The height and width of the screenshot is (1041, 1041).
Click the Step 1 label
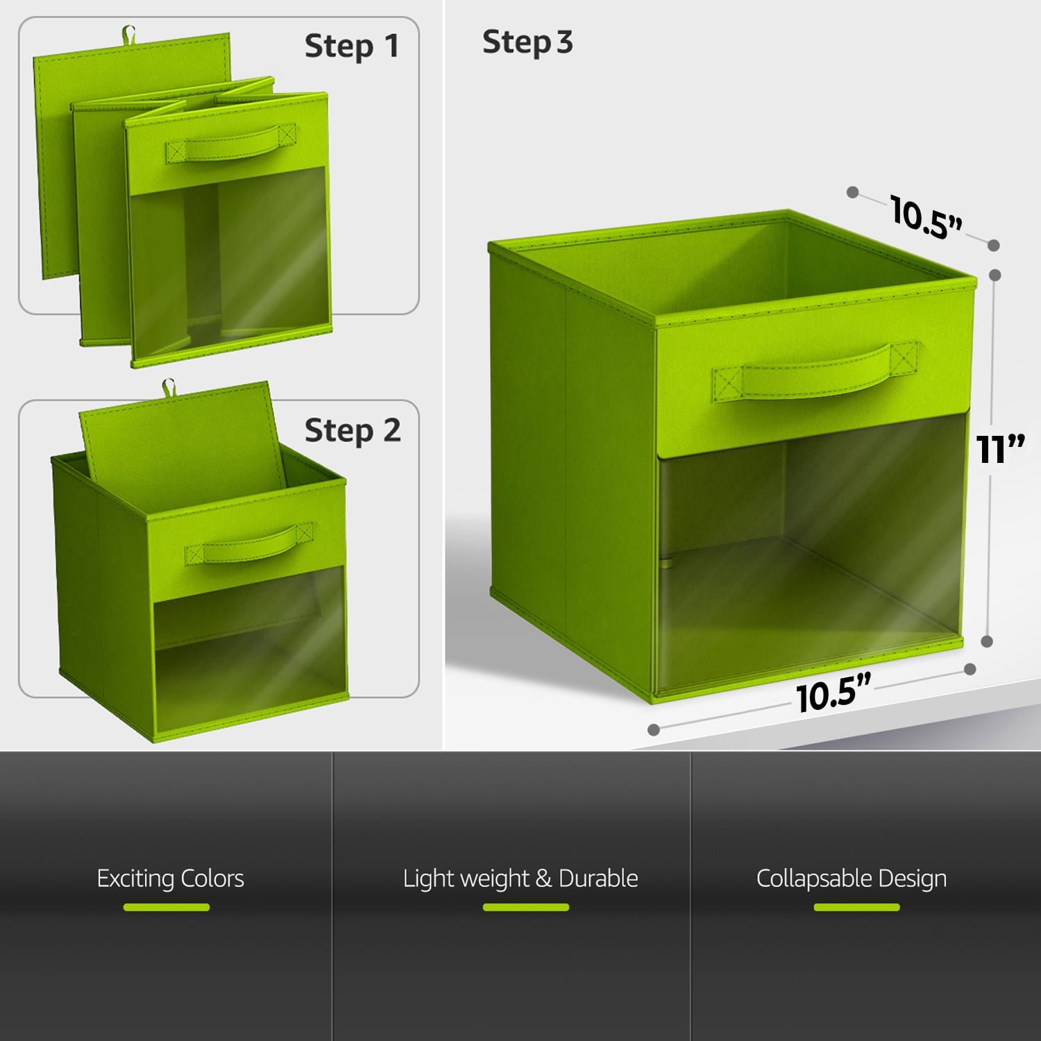point(352,46)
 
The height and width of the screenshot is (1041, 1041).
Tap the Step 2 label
point(353,431)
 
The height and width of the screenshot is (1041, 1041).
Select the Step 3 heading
point(527,42)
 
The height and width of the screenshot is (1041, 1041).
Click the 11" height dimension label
point(1000,449)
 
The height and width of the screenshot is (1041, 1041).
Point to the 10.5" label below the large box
point(833,693)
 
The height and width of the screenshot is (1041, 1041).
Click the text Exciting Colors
point(170,879)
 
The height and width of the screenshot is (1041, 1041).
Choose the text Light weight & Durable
point(520,879)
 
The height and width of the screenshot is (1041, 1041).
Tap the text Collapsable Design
point(852,879)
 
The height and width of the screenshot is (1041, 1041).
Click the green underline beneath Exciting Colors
point(167,907)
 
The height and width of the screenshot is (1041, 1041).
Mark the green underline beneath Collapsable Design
point(856,907)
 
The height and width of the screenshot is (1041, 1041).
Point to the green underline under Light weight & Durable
point(526,907)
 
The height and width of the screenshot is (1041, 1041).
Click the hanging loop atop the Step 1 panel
point(128,33)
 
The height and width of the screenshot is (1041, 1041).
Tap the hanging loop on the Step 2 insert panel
point(168,388)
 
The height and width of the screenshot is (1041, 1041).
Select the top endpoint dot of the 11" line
point(995,275)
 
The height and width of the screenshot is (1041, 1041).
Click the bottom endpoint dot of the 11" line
point(987,642)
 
